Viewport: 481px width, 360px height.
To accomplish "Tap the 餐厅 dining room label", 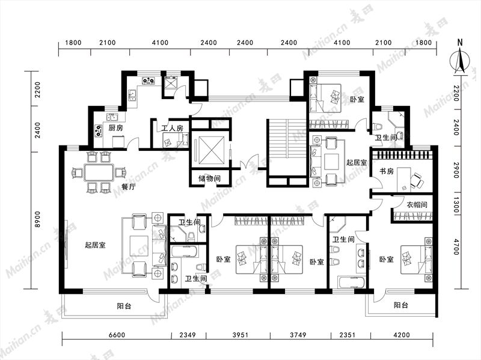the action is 128,187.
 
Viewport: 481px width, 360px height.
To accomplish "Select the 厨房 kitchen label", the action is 115,127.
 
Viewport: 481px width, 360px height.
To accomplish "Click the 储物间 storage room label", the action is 209,178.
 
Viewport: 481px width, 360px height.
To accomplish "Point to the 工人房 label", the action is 172,128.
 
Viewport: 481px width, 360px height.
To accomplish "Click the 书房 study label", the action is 387,171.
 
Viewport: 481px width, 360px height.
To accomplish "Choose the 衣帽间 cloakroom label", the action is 417,204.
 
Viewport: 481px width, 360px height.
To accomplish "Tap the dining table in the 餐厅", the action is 99,173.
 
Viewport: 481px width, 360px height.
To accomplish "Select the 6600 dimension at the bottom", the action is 117,335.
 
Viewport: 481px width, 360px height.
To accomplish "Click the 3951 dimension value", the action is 240,335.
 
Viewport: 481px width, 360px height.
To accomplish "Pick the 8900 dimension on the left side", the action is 37,219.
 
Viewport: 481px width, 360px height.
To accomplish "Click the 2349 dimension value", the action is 188,335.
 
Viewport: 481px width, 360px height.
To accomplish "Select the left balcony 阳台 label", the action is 124,306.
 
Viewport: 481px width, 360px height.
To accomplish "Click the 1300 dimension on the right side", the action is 456,205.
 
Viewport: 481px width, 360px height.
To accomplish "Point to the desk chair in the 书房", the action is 417,180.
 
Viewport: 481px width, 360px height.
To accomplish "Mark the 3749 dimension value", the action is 298,335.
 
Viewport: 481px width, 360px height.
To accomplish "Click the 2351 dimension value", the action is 347,335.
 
